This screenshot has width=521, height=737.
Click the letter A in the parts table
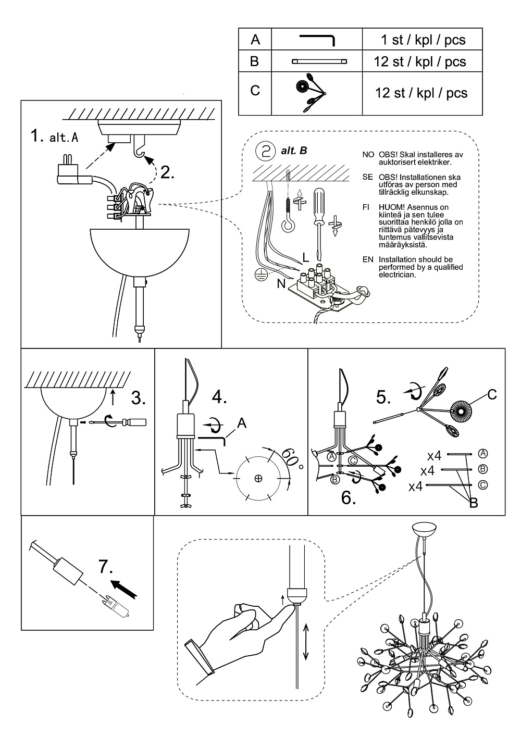tap(255, 40)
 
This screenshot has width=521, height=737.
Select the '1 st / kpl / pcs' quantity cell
tap(423, 40)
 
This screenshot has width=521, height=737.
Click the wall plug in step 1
tap(71, 172)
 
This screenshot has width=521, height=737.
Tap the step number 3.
tap(139, 399)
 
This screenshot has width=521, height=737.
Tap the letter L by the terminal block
tap(305, 257)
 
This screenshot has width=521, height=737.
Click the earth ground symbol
tap(260, 274)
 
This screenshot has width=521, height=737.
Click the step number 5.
tap(384, 398)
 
